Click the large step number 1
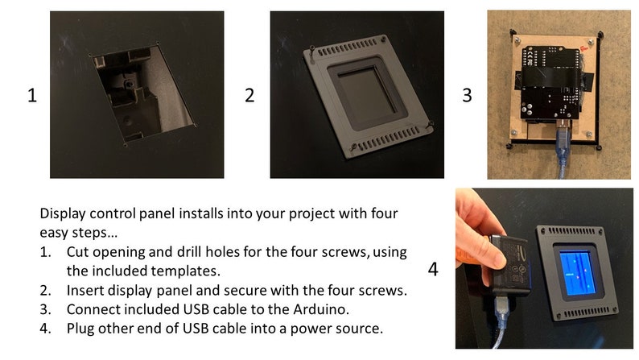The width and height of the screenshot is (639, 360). click(x=31, y=95)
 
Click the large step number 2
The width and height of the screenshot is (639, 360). click(x=249, y=95)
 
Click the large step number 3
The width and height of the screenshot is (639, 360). click(x=467, y=95)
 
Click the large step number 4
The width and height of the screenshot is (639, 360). click(x=433, y=269)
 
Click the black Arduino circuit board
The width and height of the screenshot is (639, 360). click(x=550, y=84)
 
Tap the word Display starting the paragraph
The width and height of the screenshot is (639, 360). click(x=63, y=213)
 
